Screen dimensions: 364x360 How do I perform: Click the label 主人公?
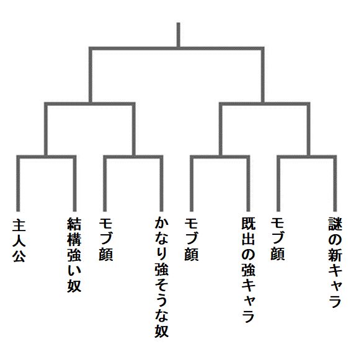[x=19, y=240]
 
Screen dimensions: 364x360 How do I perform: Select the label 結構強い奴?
[x=74, y=255]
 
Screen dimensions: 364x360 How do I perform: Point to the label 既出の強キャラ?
[x=248, y=270]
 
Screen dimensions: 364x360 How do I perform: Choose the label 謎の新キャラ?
[x=335, y=262]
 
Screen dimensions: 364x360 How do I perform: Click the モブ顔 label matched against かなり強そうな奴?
[x=105, y=239]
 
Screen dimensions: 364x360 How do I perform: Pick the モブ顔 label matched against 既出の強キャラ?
[x=191, y=239]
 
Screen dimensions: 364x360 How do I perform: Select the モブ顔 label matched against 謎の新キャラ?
[x=277, y=239]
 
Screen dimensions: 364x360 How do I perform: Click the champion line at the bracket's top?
[x=179, y=35]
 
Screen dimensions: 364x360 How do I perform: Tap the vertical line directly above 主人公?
[x=18, y=183]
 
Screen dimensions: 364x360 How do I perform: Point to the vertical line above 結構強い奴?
[x=75, y=183]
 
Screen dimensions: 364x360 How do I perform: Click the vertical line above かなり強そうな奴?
[x=162, y=183]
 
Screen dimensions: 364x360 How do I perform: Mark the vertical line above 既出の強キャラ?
[x=248, y=183]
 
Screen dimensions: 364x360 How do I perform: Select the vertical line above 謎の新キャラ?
[x=335, y=183]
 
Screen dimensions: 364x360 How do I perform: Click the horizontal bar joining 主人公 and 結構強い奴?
[x=47, y=157]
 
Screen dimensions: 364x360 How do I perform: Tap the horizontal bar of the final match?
[x=177, y=48]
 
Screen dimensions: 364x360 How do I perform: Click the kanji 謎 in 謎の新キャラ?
[x=335, y=224]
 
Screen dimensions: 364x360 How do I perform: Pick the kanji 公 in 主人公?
[x=19, y=256]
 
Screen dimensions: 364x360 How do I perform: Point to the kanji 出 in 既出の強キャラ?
[x=248, y=239]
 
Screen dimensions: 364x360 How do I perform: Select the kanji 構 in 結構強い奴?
[x=74, y=239]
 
